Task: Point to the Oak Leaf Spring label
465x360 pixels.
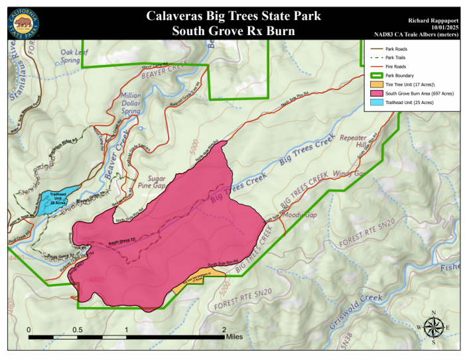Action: pos(74,55)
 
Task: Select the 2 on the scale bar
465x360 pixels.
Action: pos(224,330)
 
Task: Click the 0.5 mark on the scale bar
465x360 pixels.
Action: pos(77,330)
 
